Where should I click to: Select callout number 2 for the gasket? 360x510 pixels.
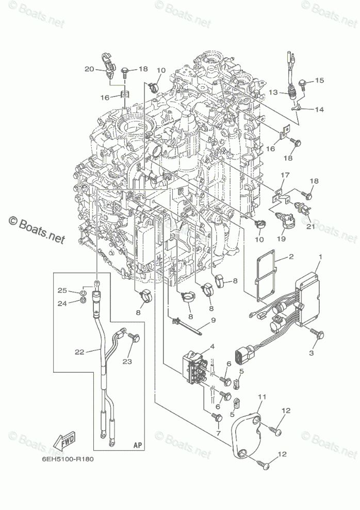291,257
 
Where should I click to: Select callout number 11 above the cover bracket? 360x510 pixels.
262,396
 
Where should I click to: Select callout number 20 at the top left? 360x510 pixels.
89,69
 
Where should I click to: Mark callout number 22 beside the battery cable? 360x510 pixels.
78,352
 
